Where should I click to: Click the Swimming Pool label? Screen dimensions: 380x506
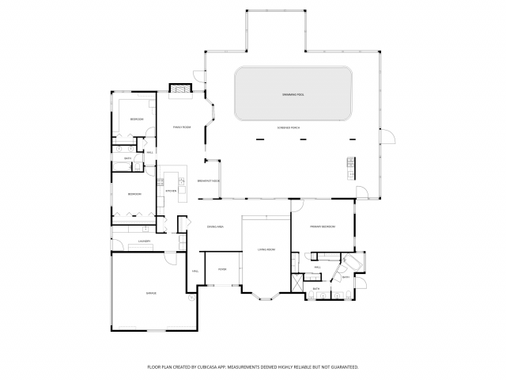293,95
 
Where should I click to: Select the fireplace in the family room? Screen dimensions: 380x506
182,89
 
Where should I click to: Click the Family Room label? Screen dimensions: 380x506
182,127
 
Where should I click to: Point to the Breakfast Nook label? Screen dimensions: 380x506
209,181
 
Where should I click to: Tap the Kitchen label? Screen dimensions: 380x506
170,191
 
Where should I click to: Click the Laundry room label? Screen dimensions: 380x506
144,241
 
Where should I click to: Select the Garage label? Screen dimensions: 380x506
150,293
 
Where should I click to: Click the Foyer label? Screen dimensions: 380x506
222,270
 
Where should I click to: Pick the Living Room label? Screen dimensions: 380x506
266,250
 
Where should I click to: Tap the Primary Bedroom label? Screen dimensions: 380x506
323,227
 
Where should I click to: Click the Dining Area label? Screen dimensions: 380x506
215,227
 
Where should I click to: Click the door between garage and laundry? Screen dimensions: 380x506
171,258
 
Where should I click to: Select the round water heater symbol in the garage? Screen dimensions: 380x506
191,298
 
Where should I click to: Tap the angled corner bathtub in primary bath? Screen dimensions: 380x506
353,262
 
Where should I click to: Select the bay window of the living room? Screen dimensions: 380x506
266,298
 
